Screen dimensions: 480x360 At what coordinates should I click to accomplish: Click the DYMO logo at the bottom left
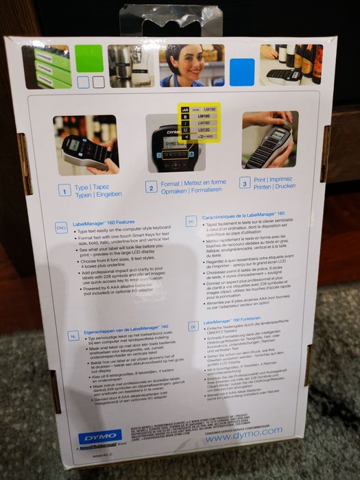tap(99, 437)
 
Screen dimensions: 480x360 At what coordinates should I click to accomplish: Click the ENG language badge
tap(61, 226)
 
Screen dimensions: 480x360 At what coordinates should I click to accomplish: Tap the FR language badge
tap(191, 221)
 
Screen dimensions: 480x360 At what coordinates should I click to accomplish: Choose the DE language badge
tap(194, 327)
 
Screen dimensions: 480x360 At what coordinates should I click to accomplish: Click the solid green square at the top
tap(89, 58)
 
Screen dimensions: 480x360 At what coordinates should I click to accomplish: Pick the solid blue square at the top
tap(242, 71)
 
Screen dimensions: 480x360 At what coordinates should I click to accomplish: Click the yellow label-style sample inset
tap(199, 122)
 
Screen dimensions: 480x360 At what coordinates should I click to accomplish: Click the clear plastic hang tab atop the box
tap(171, 19)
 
